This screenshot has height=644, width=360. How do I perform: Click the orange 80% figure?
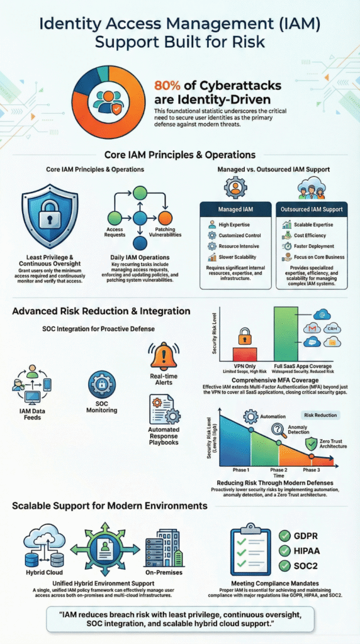coord(169,87)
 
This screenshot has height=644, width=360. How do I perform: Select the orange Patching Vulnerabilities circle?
coord(166,217)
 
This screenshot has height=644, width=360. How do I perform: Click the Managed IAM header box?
coord(235,209)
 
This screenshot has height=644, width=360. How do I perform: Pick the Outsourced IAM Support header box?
coord(311,209)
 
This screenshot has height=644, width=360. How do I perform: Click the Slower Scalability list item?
coord(235,257)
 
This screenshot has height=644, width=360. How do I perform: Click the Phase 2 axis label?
coord(278,470)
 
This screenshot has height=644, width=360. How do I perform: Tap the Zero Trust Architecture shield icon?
coord(310,443)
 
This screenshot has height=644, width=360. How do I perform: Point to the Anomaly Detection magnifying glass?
coord(279,431)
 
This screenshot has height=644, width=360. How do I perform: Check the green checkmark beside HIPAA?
coord(283,554)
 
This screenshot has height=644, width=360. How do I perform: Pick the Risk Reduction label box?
coord(321,416)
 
